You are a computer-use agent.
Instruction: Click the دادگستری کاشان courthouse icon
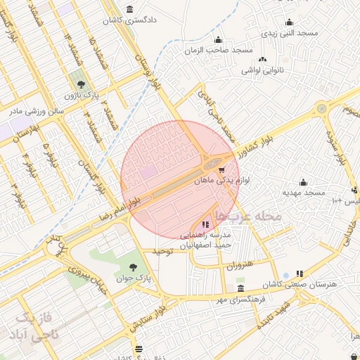[x=130, y=9]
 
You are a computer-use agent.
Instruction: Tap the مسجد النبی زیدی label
[x=290, y=33]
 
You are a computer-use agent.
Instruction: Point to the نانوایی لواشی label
[x=263, y=70]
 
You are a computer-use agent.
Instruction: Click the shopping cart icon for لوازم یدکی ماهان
[x=222, y=169]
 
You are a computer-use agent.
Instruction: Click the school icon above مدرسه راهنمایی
[x=205, y=224]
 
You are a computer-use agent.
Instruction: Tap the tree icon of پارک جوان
[x=133, y=266]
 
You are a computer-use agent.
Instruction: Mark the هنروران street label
[x=239, y=266]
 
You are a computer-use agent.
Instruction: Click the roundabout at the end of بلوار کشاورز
[x=321, y=109]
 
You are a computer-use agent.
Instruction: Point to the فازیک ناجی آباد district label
[x=33, y=327]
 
